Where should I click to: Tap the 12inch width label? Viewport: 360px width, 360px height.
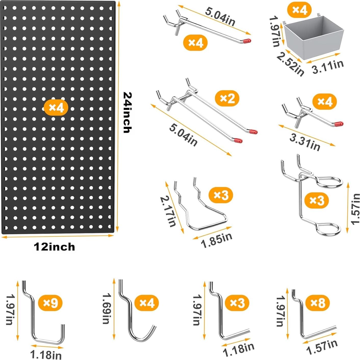pos(54,247)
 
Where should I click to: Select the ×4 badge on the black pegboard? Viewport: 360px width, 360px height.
pos(56,108)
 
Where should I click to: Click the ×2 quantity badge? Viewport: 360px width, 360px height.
pos(227,98)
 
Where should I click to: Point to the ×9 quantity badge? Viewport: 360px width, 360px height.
pos(50,303)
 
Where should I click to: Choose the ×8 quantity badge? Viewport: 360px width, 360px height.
pos(318,303)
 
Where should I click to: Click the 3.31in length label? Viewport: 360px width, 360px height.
pos(305,143)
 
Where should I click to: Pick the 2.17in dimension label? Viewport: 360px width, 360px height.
pos(168,211)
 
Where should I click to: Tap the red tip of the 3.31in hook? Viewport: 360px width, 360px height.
pos(339,123)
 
